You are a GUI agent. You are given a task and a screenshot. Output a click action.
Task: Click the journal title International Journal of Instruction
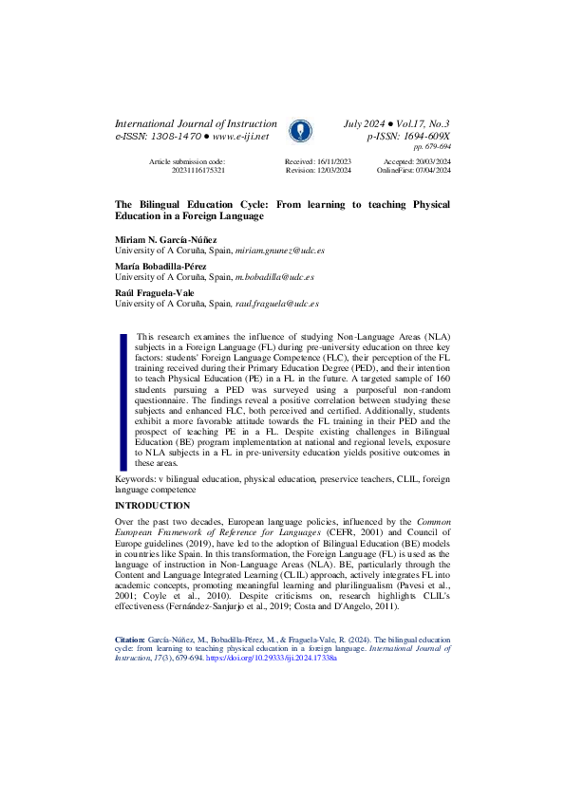196,124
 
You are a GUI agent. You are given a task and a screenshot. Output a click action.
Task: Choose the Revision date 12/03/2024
332,171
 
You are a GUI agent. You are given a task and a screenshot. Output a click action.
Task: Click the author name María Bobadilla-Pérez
162,267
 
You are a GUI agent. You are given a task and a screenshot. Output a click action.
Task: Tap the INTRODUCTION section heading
152,507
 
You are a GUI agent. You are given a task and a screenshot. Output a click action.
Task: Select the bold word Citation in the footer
131,614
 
